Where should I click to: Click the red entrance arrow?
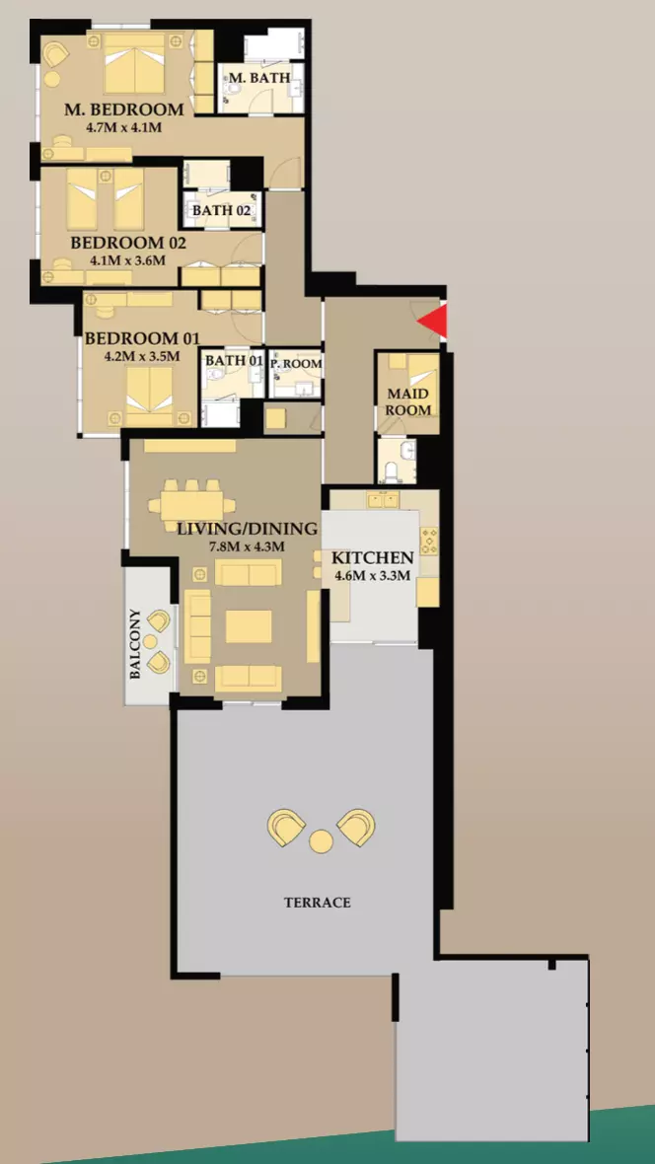pos(435,322)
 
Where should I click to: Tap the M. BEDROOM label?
pos(124,109)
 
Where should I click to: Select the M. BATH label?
pos(259,77)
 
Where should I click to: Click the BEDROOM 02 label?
pos(127,243)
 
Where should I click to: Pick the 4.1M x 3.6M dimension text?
pos(127,260)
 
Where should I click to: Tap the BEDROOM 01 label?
pos(142,338)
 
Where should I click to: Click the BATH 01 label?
pos(234,361)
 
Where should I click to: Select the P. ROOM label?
pos(296,364)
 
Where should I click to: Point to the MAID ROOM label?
pos(408,401)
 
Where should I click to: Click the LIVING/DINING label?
pos(248,530)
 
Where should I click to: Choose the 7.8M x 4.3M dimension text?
pos(248,546)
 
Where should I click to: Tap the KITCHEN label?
pos(372,558)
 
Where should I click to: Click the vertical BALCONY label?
pos(136,644)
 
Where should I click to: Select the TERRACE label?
pos(317,903)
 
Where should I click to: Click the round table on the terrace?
pos(322,841)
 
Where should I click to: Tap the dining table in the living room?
pos(192,505)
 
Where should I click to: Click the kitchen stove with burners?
pos(429,541)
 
